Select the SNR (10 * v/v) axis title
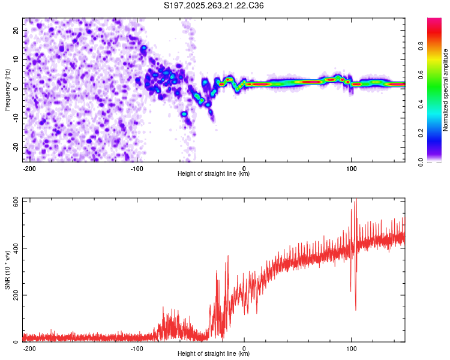pyautogui.click(x=7, y=270)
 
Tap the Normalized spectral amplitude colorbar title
pyautogui.click(x=445, y=90)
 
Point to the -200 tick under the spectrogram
pyautogui.click(x=29, y=167)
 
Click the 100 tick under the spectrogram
pyautogui.click(x=352, y=167)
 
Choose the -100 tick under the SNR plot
pyautogui.click(x=137, y=347)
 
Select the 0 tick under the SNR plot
pyautogui.click(x=244, y=347)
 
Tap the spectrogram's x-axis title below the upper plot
pyautogui.click(x=214, y=174)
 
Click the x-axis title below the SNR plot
pyautogui.click(x=214, y=354)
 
